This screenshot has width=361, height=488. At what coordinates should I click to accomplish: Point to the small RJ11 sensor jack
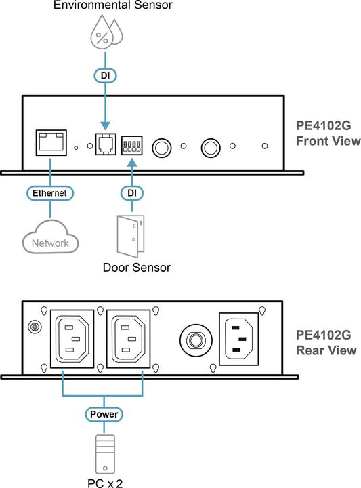click(x=105, y=145)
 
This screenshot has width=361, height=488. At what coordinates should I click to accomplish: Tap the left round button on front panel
click(x=163, y=146)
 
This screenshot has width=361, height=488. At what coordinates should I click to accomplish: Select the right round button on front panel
click(x=210, y=146)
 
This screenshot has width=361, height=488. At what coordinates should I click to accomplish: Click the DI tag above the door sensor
click(x=133, y=193)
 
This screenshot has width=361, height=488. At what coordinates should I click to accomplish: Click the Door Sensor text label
click(x=136, y=267)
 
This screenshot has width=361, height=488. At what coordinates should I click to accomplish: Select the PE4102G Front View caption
click(x=328, y=134)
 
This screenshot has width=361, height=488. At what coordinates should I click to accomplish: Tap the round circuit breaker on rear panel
click(x=193, y=338)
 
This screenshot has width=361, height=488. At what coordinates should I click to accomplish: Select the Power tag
click(x=104, y=413)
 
